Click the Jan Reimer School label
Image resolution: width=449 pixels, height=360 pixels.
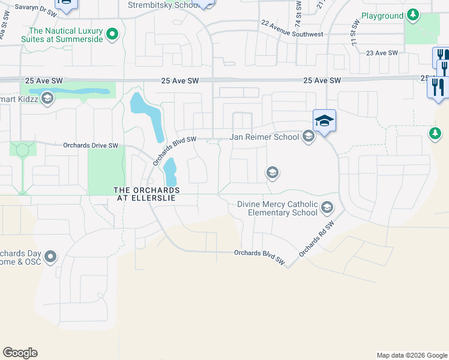click(265, 137)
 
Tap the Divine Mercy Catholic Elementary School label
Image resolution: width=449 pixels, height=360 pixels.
click(277, 208)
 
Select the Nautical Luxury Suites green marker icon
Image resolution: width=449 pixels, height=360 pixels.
click(112, 35)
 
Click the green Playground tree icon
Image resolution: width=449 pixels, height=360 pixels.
click(412, 14)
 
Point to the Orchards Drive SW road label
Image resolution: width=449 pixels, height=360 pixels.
click(91, 145)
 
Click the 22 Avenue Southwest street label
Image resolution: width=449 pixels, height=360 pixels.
click(292, 28)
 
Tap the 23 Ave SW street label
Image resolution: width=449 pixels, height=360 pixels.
click(382, 53)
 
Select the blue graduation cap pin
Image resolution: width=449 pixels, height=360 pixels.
click(324, 121)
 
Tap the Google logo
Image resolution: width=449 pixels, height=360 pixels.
click(20, 353)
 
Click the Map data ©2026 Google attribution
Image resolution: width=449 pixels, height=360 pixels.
click(411, 355)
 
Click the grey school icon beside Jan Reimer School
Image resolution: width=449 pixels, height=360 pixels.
click(309, 137)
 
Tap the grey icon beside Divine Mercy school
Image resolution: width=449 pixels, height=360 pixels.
click(327, 208)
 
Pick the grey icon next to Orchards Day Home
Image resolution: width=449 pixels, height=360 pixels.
click(50, 257)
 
